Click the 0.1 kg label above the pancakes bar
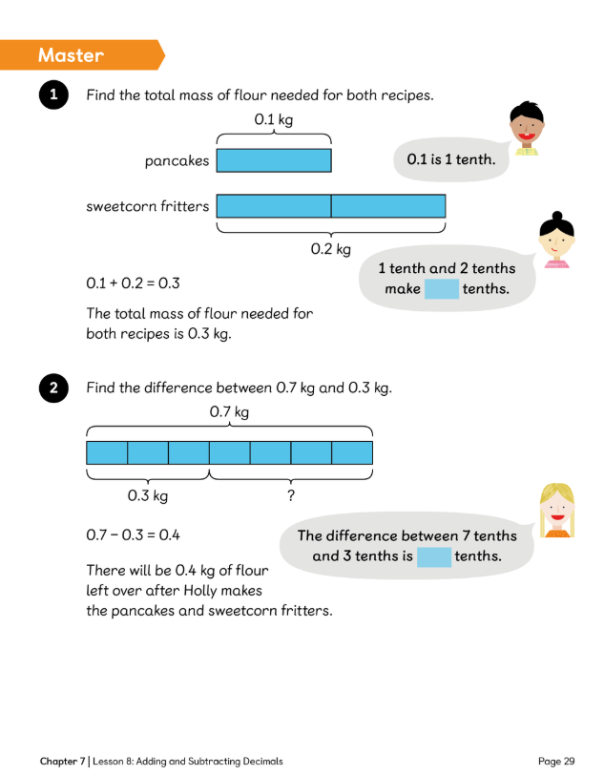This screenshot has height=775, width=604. [274, 119]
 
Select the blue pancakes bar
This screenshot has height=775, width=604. [274, 159]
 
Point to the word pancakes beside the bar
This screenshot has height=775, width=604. [177, 160]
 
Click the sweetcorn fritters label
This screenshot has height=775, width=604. [147, 205]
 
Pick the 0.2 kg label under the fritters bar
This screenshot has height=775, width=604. [331, 249]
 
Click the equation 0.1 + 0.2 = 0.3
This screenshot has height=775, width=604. [133, 283]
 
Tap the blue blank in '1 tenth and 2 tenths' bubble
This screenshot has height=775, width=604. [442, 288]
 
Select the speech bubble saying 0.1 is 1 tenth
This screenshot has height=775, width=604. [450, 159]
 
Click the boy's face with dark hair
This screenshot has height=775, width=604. [525, 129]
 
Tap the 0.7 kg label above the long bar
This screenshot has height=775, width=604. [229, 412]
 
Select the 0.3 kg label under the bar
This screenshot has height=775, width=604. [148, 495]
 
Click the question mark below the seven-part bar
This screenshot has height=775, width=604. [290, 495]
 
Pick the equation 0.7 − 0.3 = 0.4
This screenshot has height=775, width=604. [133, 535]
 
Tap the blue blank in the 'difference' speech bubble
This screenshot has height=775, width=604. [434, 556]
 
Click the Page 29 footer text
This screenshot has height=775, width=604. [556, 761]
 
